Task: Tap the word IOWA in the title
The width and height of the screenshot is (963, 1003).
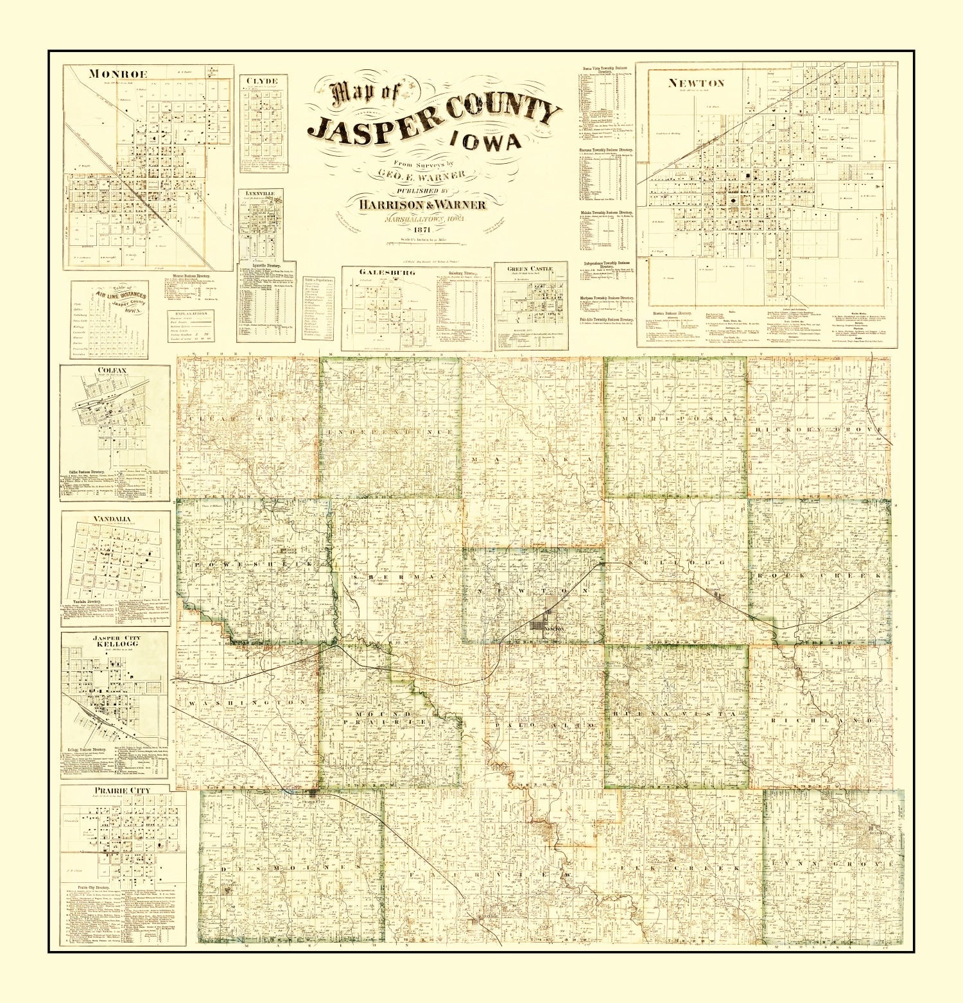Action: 485,140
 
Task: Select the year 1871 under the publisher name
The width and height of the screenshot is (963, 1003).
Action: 422,230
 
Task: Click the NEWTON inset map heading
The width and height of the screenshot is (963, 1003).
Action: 696,82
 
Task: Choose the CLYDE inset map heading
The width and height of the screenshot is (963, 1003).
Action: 263,80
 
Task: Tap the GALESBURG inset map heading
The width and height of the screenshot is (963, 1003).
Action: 378,272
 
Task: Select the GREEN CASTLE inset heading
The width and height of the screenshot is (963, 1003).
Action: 530,268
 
